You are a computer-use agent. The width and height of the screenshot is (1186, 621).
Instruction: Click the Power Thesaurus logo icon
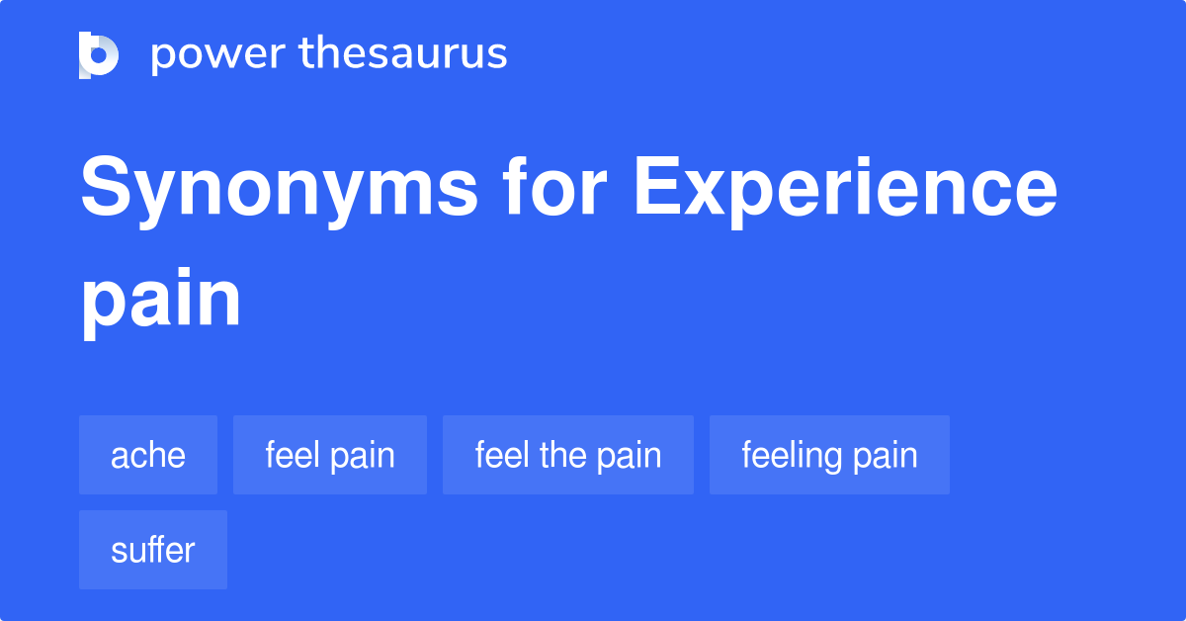[99, 55]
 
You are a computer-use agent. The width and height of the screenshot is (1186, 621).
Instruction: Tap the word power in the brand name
[218, 55]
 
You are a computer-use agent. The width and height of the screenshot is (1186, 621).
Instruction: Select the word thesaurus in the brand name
[403, 52]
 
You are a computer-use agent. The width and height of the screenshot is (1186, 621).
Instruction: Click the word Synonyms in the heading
[279, 191]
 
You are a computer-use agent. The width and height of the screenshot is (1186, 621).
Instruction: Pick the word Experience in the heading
[846, 191]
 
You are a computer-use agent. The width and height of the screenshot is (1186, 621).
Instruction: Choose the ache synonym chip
[148, 455]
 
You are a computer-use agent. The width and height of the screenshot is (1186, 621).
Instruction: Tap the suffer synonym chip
[153, 550]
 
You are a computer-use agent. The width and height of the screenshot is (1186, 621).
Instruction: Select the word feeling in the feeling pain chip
[792, 456]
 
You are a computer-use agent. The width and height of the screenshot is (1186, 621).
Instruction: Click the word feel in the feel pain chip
[293, 455]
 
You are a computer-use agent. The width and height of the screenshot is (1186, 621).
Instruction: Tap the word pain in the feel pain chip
[363, 457]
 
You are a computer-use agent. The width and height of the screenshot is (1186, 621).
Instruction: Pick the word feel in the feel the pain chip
[502, 455]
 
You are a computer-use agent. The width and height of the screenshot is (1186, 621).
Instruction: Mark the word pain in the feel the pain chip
[630, 457]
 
